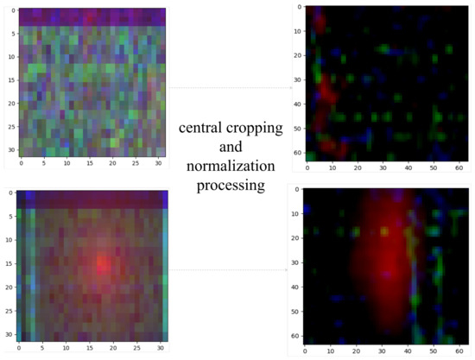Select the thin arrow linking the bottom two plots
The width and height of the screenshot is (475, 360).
point(229,269)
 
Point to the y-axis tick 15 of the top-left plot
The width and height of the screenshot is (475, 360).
point(11,80)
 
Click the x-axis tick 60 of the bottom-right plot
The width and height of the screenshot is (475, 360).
point(460,350)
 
